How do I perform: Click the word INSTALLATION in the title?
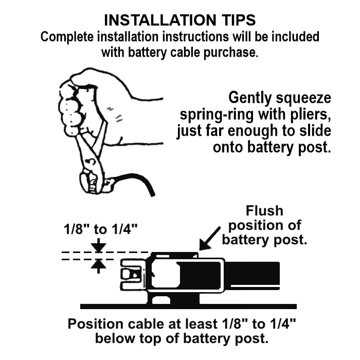(x=160, y=20)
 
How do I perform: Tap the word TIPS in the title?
(x=238, y=20)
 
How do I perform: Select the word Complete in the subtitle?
(x=67, y=37)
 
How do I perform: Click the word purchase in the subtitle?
(x=231, y=53)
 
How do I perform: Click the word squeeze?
(x=303, y=99)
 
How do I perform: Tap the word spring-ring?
(x=217, y=115)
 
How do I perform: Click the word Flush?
(x=264, y=211)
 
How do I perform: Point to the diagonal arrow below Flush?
(x=209, y=239)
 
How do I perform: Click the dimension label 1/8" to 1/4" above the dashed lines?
(x=101, y=229)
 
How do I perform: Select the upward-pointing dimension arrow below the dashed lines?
(x=99, y=266)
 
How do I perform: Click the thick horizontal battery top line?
(x=188, y=307)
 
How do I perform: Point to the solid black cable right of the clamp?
(x=251, y=276)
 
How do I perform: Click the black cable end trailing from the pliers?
(x=138, y=184)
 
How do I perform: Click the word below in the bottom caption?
(x=115, y=338)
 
